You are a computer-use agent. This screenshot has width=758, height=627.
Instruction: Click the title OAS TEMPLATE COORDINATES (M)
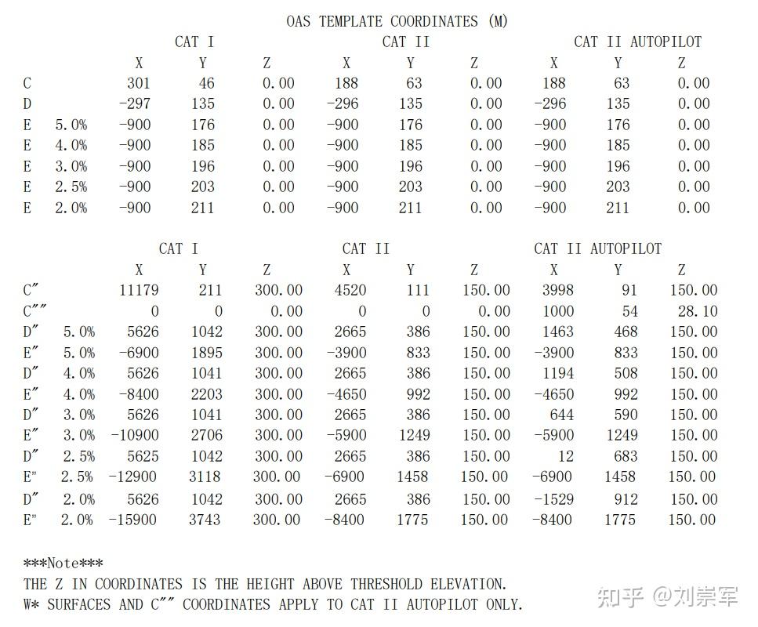(397, 21)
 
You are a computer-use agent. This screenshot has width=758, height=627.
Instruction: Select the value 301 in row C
(138, 83)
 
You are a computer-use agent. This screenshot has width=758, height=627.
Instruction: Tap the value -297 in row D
(134, 103)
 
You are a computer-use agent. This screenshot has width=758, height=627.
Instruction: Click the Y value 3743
(206, 519)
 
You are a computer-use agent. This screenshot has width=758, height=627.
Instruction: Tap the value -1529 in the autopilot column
(553, 498)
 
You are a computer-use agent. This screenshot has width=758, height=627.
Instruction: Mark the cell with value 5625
(139, 456)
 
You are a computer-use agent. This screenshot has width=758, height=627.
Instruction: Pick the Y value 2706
(206, 436)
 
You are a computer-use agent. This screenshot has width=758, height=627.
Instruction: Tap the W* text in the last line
(32, 604)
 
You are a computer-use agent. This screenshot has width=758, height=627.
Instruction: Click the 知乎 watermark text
(620, 597)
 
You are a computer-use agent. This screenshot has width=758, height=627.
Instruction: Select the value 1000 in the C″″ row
(557, 311)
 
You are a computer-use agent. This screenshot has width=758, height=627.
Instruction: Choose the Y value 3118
(206, 477)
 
